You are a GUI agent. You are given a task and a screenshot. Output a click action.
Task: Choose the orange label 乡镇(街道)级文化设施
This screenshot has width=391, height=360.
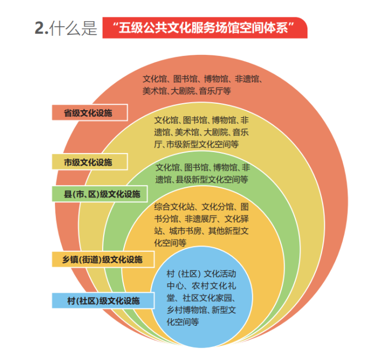coord(103,260)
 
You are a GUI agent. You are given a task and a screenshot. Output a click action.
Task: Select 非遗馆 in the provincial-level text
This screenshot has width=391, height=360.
coord(249,79)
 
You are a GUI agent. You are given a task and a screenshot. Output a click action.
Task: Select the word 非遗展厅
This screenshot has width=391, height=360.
coord(201,219)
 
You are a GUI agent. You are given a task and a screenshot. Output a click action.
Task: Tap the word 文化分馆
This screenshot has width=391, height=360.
coord(217,207)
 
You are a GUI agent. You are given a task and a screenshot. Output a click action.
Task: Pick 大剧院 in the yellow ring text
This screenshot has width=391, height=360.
coord(216,132)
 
